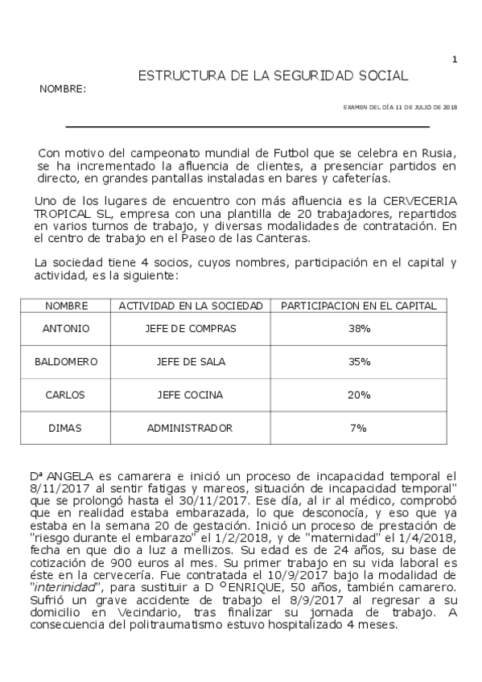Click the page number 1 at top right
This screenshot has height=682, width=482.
[455, 59]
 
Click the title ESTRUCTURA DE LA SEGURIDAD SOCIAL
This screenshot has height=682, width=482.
[274, 76]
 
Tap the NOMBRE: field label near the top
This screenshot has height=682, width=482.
[63, 89]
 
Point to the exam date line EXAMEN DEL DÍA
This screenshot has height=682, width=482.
[400, 107]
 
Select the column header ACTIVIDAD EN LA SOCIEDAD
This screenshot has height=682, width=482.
[191, 306]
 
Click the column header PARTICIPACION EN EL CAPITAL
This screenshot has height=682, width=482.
[359, 306]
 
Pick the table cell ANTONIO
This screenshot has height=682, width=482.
[66, 329]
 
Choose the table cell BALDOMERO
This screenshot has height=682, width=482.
[66, 362]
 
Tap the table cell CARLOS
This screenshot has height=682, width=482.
[66, 395]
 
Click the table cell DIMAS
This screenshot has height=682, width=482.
[66, 428]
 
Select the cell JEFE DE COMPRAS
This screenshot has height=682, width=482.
[190, 329]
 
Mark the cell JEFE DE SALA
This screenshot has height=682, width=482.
[190, 362]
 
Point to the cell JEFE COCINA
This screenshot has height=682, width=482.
[190, 395]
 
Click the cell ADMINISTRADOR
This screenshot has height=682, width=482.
[190, 428]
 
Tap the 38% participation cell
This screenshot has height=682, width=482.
[359, 329]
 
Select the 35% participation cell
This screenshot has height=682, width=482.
[359, 362]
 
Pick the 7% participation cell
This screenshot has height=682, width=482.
[359, 428]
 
